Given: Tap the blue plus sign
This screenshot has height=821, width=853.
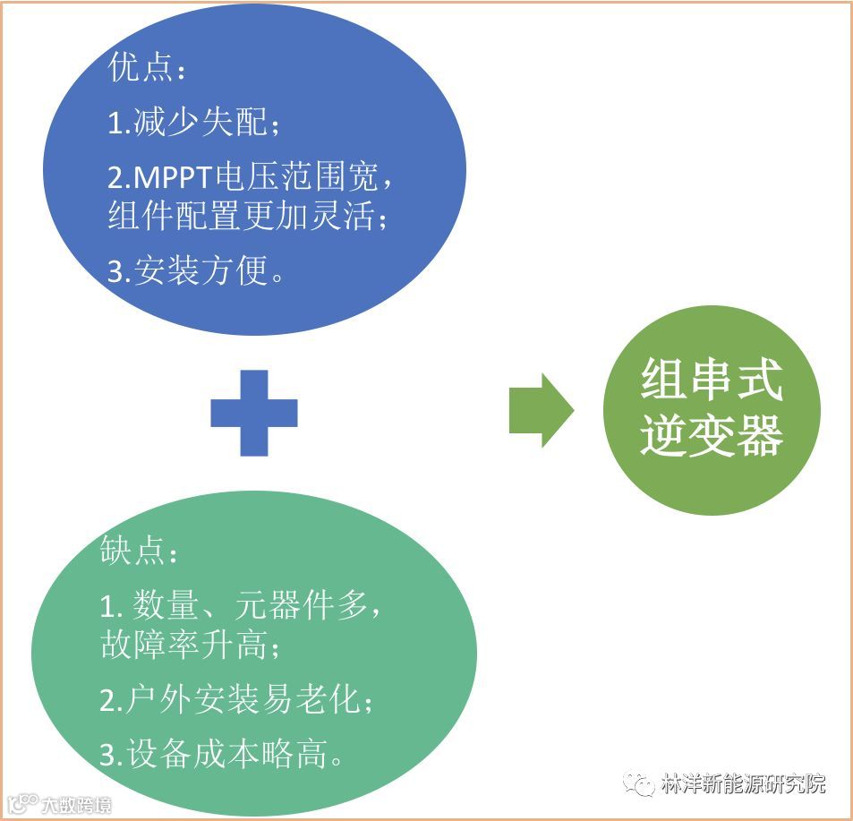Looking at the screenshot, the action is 254,413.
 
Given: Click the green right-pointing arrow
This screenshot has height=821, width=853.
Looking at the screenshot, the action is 541,410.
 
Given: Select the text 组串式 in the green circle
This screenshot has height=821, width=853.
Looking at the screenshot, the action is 712,381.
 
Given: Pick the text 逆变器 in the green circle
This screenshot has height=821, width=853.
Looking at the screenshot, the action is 712,436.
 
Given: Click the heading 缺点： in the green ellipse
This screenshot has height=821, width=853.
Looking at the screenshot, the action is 140,552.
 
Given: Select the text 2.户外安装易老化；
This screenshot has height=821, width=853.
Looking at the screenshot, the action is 236,701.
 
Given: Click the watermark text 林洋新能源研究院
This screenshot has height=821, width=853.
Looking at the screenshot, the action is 742,784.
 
